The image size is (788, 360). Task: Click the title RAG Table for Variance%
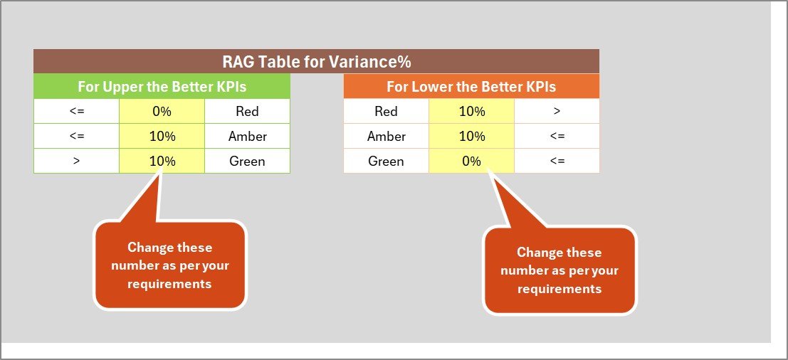(x=316, y=62)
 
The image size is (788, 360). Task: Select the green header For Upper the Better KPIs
(x=162, y=87)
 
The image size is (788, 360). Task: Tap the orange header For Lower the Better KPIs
(x=471, y=87)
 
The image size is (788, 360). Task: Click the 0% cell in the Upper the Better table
(x=162, y=112)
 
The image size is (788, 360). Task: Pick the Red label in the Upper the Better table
(x=247, y=112)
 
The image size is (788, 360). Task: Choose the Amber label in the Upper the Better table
(x=247, y=137)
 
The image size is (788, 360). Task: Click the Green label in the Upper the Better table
(x=247, y=162)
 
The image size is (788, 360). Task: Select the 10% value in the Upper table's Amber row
(x=162, y=137)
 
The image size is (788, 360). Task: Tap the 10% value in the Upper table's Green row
(x=162, y=162)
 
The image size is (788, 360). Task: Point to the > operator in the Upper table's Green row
(x=76, y=162)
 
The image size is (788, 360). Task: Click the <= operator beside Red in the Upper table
(x=76, y=112)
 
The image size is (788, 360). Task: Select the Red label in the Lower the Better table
(x=386, y=112)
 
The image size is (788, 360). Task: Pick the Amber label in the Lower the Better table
(x=386, y=137)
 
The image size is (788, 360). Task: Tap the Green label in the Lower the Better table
(x=386, y=162)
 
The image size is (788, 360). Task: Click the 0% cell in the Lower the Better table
(x=471, y=162)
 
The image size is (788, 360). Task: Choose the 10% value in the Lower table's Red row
(x=471, y=112)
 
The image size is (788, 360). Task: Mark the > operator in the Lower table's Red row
(x=557, y=112)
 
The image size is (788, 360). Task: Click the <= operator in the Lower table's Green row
(x=557, y=162)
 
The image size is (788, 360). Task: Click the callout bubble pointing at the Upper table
(x=170, y=265)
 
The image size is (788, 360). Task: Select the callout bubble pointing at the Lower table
(x=560, y=270)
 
